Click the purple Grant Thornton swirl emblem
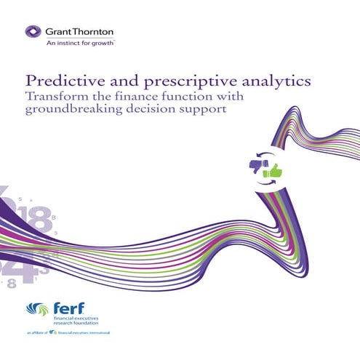[33, 32]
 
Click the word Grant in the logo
[59, 32]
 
